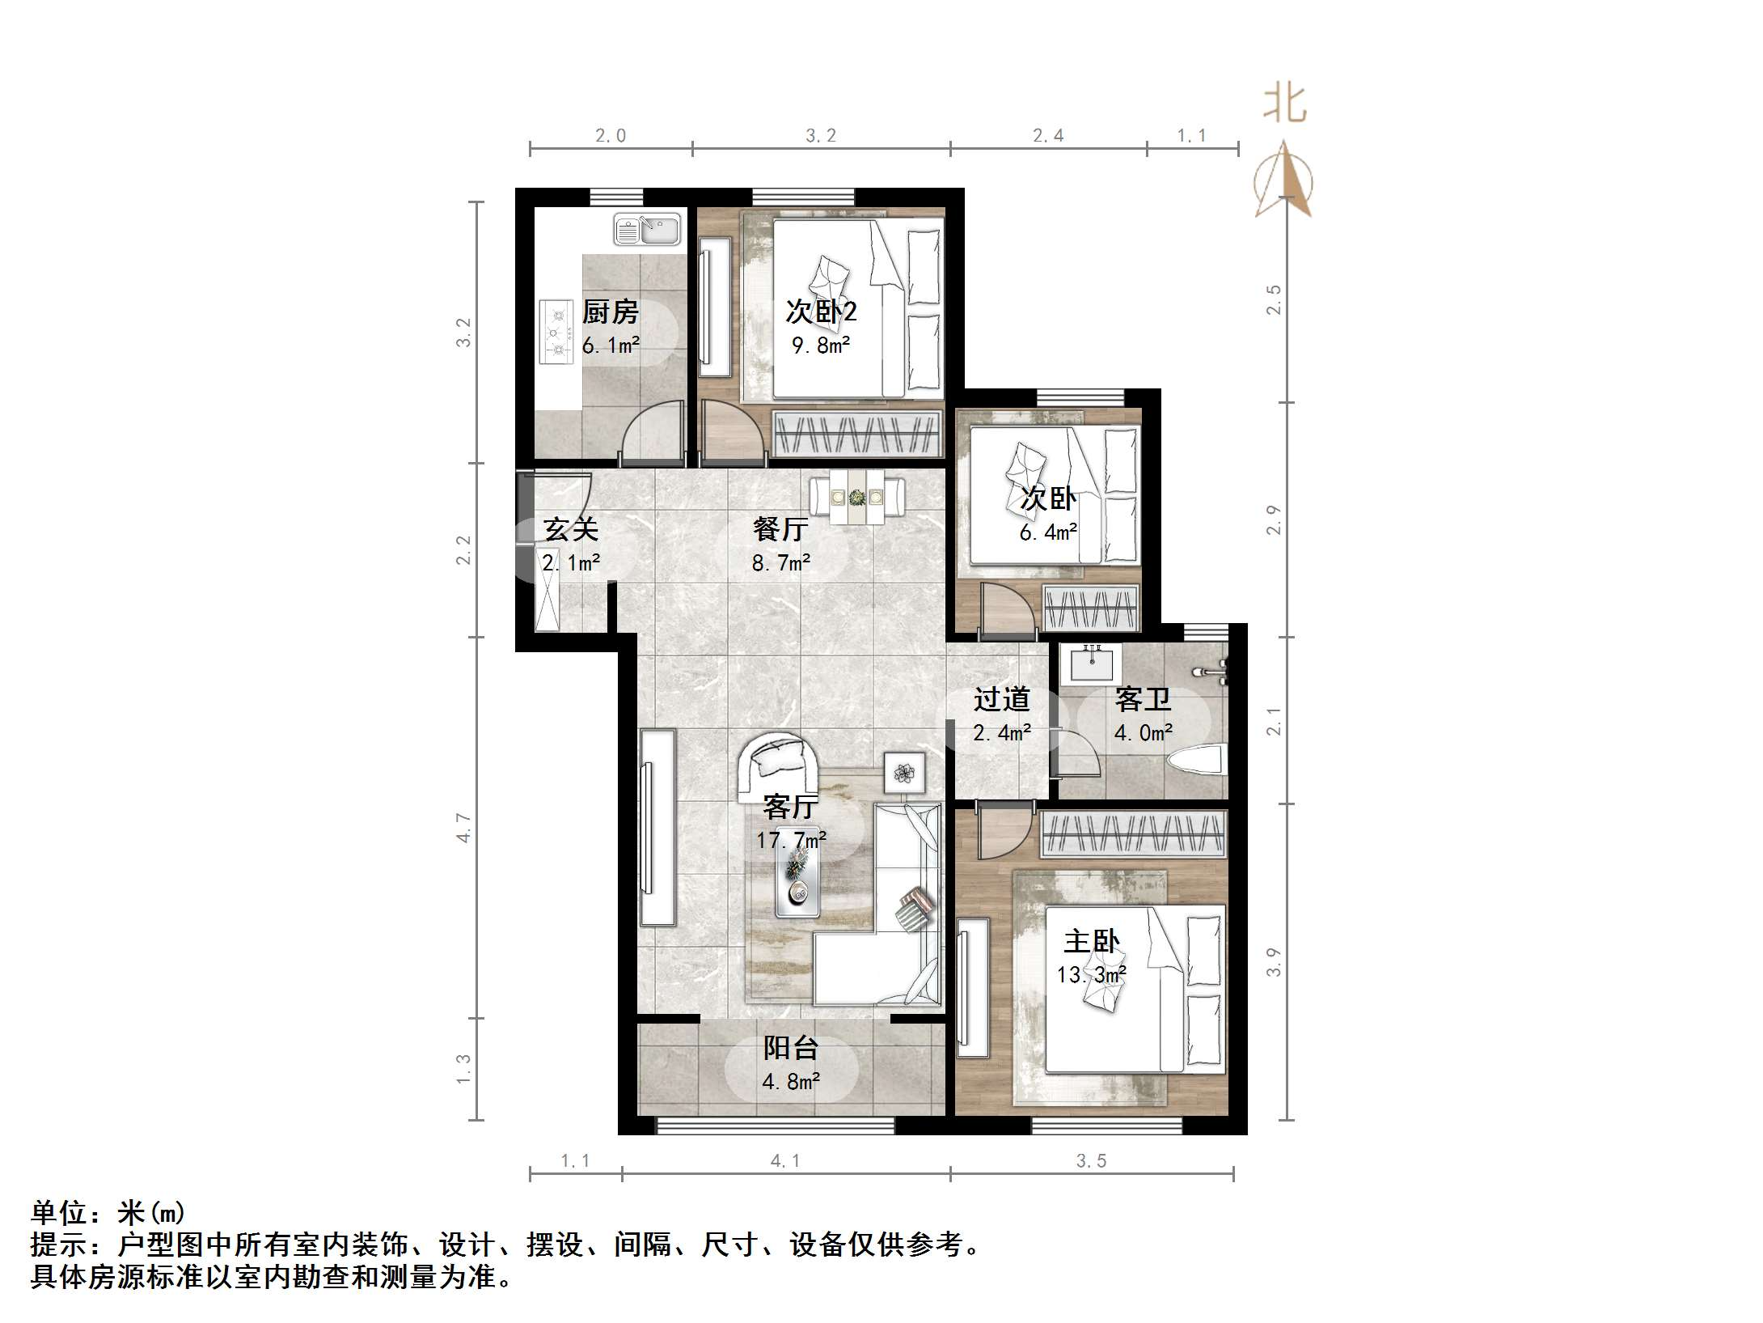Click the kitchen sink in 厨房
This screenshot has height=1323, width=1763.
pos(647,229)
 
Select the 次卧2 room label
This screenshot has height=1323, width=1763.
pos(821,312)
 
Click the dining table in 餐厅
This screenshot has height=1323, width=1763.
pos(857,496)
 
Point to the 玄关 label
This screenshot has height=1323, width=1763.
pos(571,530)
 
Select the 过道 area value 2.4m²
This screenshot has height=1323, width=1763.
pos(1001,733)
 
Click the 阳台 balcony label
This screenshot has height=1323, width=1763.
pos(791,1049)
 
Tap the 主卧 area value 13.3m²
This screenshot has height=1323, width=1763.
pos(1091,975)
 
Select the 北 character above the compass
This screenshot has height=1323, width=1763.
pos(1285,105)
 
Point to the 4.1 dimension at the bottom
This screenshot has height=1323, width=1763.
pos(785,1161)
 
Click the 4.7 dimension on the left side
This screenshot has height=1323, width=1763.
pos(463,828)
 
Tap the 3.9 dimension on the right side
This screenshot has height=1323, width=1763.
pos(1273,961)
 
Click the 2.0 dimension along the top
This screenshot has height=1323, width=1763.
pos(611,136)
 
